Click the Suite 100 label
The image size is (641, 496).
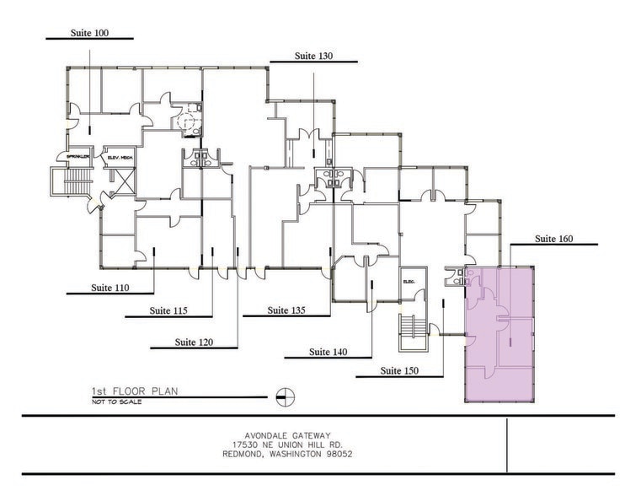click(89, 33)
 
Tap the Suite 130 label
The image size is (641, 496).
click(313, 56)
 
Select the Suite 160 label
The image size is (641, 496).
click(553, 239)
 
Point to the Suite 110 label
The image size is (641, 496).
click(110, 288)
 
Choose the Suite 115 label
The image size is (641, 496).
click(168, 310)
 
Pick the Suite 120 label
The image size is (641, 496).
click(194, 342)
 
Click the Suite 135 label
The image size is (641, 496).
click(286, 310)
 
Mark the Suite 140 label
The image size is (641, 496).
click(328, 352)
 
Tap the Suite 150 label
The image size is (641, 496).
click(399, 370)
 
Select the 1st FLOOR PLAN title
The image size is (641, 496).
click(136, 391)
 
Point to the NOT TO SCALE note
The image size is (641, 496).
click(117, 402)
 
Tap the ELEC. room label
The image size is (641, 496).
click(410, 281)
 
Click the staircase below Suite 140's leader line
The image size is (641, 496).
click(411, 332)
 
